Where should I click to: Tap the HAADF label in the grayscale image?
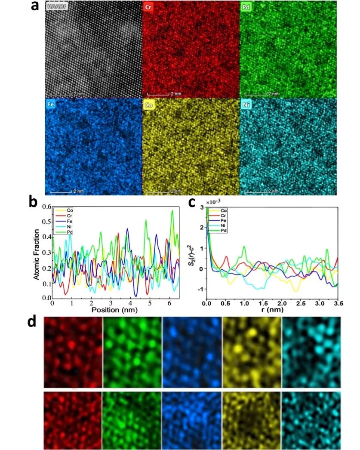55,7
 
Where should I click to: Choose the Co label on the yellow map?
149,104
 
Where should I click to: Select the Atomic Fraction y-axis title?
37,254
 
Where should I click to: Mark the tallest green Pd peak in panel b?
173,211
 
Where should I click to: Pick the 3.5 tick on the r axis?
338,303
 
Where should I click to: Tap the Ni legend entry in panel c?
224,225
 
